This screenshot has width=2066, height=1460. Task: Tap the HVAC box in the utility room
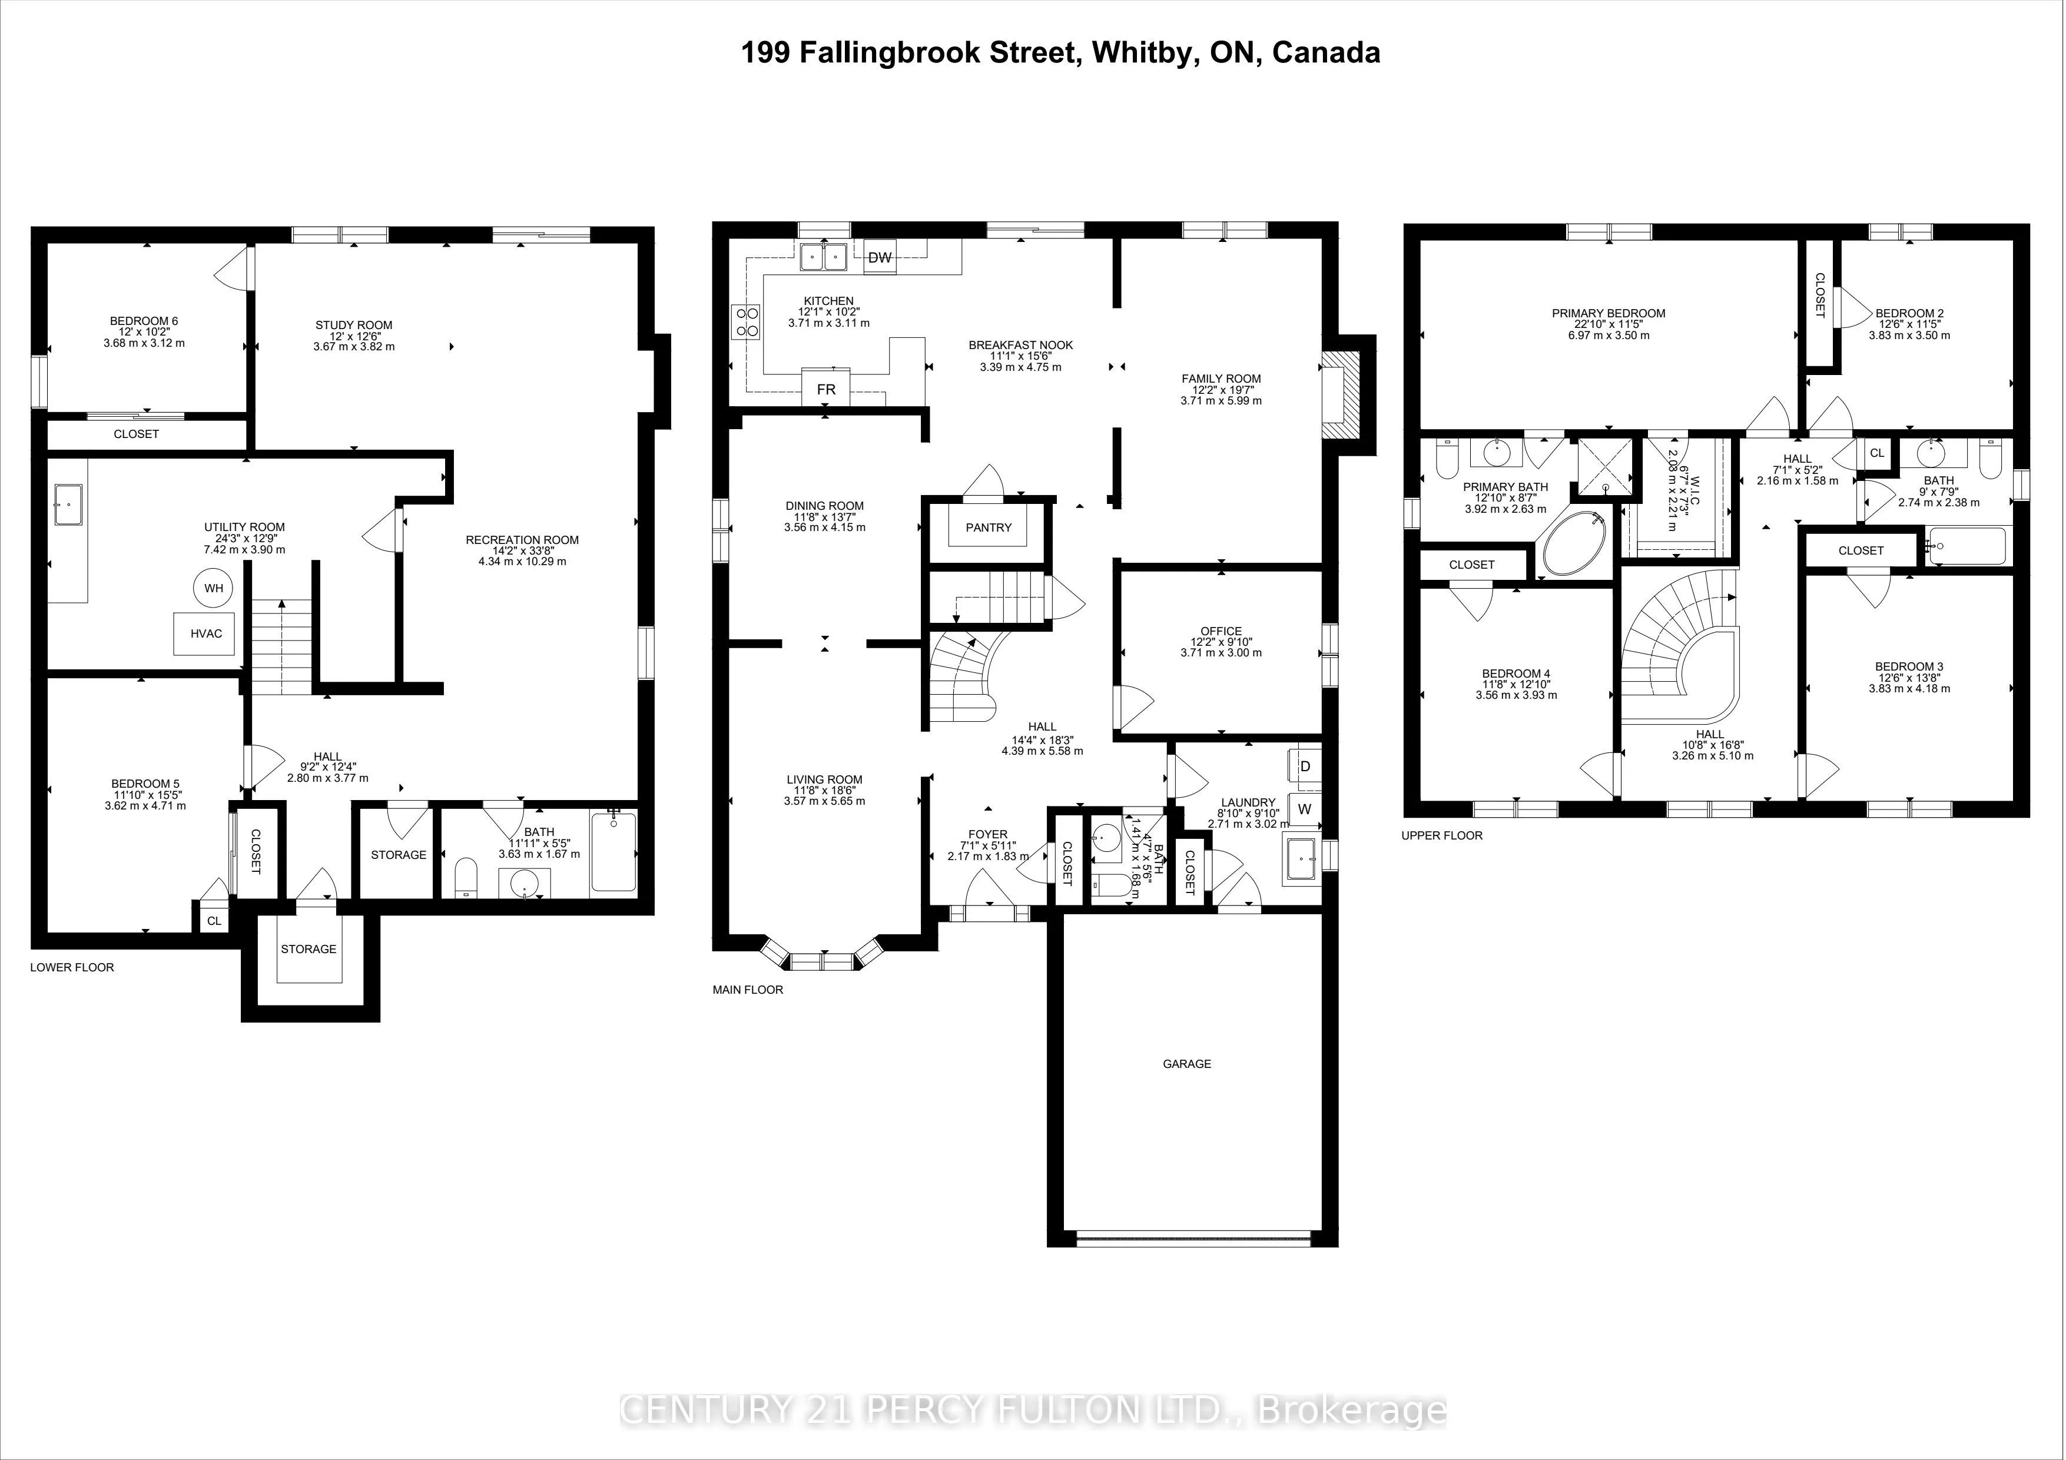(206, 633)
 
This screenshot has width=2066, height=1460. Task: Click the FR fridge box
(826, 389)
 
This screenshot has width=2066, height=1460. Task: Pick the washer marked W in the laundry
(1305, 809)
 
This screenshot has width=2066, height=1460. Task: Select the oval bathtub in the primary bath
(1574, 543)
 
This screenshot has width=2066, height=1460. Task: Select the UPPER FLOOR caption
(1441, 836)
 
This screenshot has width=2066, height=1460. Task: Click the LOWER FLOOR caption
(72, 968)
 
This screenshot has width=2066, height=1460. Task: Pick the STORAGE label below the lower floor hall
(309, 949)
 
